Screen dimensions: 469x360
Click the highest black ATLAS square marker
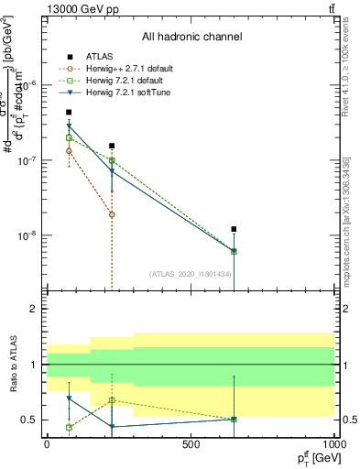(69, 112)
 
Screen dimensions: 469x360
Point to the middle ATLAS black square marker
(112, 146)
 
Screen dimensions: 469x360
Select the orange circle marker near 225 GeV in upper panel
(112, 214)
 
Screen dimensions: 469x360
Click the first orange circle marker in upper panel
(69, 150)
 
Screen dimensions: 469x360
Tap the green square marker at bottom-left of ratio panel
(69, 427)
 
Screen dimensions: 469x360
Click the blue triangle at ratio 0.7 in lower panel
(69, 398)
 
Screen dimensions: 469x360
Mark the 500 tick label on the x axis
(191, 444)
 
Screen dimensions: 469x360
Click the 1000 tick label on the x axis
(334, 444)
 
